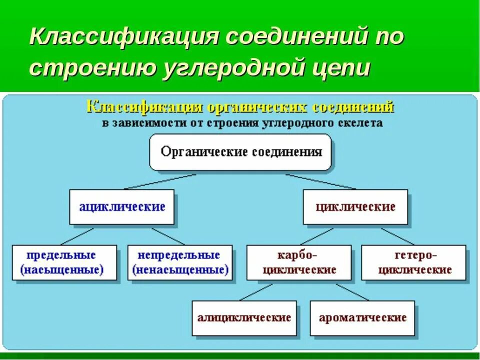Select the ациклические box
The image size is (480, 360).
pyautogui.click(x=121, y=206)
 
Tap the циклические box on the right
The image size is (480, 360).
pyautogui.click(x=355, y=206)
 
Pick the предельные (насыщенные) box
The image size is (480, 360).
pyautogui.click(x=64, y=262)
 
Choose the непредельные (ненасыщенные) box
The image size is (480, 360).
pyautogui.click(x=180, y=262)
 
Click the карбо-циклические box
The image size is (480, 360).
pyautogui.click(x=299, y=262)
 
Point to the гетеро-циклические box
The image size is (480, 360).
pyautogui.click(x=414, y=262)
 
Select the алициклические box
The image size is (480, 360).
pyautogui.click(x=244, y=317)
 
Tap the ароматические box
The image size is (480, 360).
pyautogui.click(x=362, y=317)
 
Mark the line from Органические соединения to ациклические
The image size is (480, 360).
pyautogui.click(x=160, y=181)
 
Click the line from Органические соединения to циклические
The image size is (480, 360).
pyautogui.click(x=320, y=181)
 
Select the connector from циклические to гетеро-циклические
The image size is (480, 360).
pyautogui.click(x=397, y=236)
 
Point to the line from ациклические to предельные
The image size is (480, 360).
pyautogui.click(x=77, y=236)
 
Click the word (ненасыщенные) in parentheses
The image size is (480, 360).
pyautogui.click(x=180, y=270)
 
